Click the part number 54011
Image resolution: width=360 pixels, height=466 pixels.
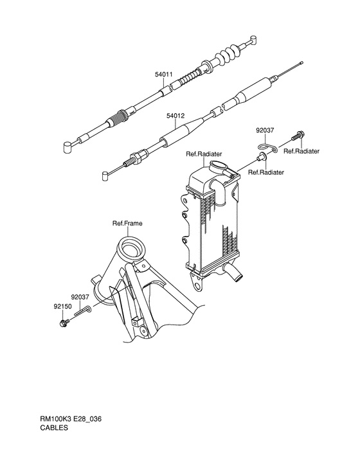pyautogui.click(x=163, y=75)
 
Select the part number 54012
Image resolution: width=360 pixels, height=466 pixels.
pyautogui.click(x=175, y=116)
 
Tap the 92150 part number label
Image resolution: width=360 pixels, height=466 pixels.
pyautogui.click(x=62, y=307)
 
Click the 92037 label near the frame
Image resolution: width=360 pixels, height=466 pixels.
pyautogui.click(x=80, y=297)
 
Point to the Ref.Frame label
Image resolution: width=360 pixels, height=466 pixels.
pyautogui.click(x=127, y=224)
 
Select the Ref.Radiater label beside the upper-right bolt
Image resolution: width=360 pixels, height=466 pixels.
pyautogui.click(x=301, y=152)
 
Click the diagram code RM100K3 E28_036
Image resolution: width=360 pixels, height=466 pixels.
pyautogui.click(x=71, y=419)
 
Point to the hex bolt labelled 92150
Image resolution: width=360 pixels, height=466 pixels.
pyautogui.click(x=64, y=322)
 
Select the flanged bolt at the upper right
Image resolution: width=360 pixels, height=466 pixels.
pyautogui.click(x=298, y=136)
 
